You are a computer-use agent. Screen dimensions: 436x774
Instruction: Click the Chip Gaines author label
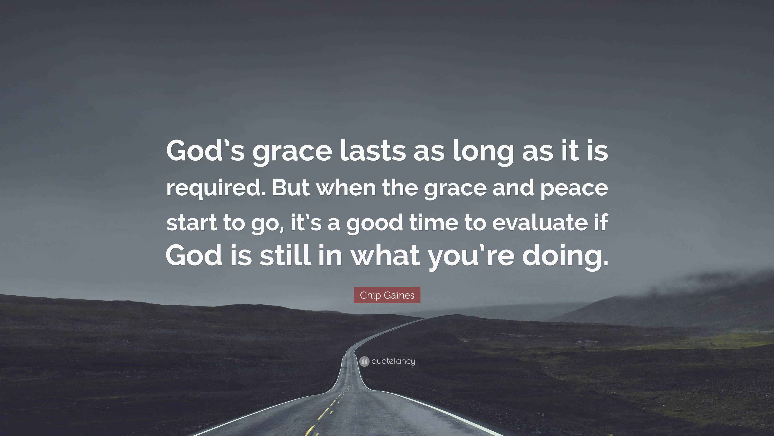tap(387, 295)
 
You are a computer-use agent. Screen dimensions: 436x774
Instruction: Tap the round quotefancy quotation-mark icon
tap(364, 361)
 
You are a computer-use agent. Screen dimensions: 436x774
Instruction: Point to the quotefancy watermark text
tap(393, 361)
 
